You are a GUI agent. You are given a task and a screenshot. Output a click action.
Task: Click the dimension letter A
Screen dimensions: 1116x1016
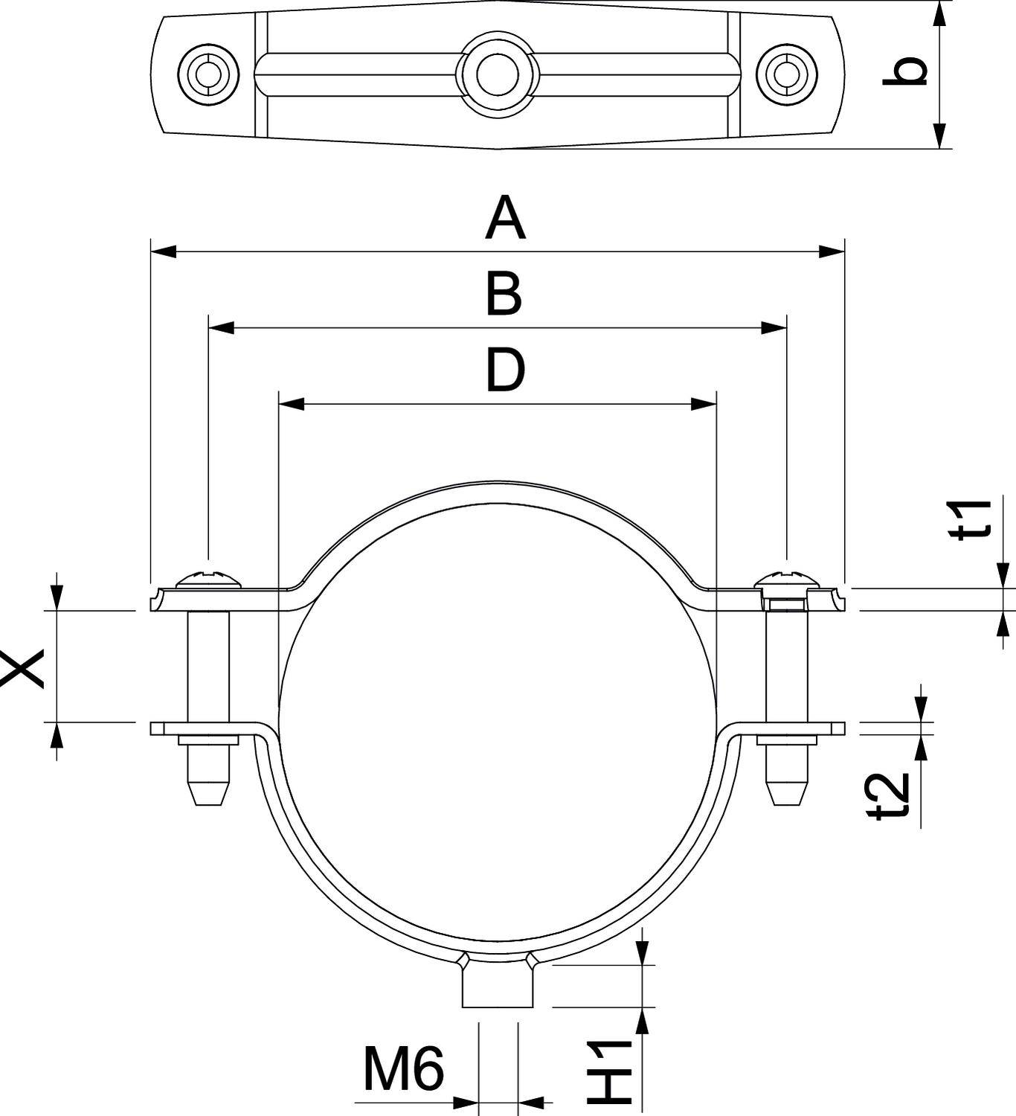(505, 219)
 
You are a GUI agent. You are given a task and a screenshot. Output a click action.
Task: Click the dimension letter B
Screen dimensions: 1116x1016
(504, 294)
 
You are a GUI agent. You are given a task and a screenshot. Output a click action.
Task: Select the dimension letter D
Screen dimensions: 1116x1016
(505, 371)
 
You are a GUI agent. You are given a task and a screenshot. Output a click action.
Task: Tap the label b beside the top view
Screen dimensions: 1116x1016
(906, 72)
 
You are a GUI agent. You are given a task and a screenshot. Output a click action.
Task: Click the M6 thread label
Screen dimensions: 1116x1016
(403, 1069)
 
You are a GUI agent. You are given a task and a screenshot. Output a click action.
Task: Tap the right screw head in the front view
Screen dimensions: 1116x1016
(786, 578)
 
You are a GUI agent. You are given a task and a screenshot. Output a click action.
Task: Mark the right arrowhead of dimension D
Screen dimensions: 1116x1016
(703, 404)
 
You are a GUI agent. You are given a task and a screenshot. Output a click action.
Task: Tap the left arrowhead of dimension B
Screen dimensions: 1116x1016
(222, 327)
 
